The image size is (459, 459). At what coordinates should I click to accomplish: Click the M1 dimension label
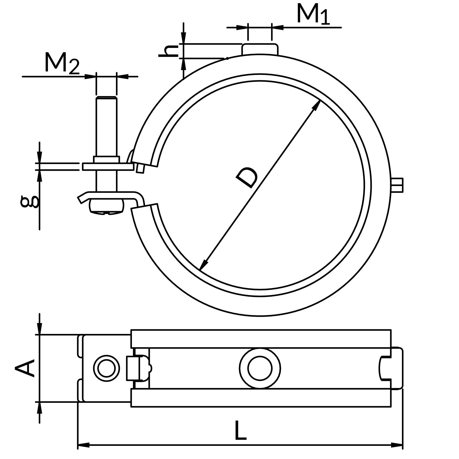coord(313,14)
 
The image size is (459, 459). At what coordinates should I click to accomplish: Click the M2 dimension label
coord(62,63)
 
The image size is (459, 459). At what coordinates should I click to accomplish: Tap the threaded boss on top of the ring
coord(260,49)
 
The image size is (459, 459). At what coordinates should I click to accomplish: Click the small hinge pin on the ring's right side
coord(397,185)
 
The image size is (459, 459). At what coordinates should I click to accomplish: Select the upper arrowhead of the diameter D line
coord(317,104)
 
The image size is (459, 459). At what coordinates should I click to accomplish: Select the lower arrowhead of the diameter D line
coord(203,265)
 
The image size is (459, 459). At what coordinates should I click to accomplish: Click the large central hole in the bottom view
coord(260,368)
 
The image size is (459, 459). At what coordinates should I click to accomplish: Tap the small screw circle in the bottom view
coord(106,368)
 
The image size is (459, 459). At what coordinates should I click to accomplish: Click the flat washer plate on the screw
coord(108,167)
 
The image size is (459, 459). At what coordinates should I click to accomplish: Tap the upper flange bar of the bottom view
coord(260,339)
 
